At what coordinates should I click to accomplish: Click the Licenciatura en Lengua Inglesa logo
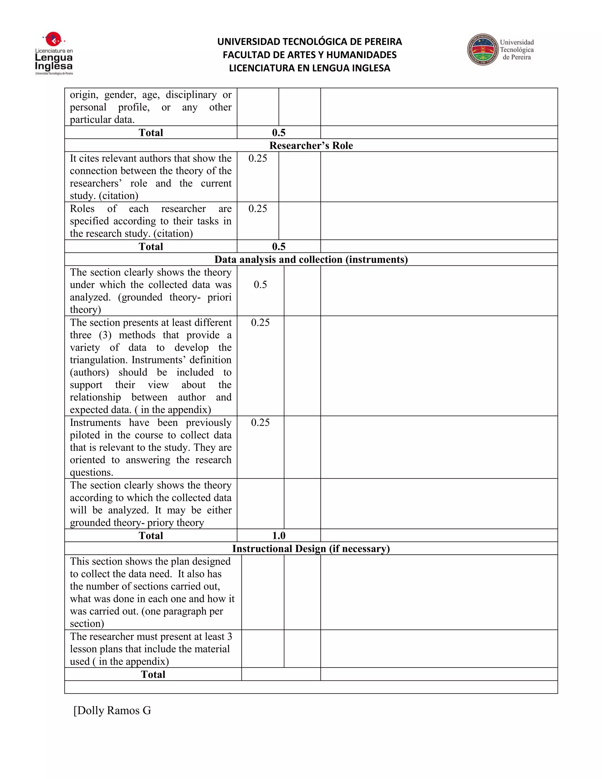(x=54, y=54)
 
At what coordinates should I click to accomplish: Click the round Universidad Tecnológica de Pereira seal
(x=483, y=50)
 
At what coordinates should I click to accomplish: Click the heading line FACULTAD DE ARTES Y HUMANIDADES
(x=309, y=55)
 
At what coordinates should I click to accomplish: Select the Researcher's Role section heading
(x=311, y=146)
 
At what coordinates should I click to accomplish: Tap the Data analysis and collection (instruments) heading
(x=311, y=259)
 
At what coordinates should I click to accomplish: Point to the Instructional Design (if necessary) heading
(x=311, y=548)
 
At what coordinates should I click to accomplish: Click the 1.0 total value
(x=279, y=535)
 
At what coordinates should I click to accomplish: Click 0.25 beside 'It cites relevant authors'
(x=257, y=158)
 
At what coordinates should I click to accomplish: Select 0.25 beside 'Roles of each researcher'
(x=257, y=209)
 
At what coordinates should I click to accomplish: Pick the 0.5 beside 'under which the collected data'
(x=260, y=285)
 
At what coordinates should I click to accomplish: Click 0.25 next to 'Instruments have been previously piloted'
(x=260, y=422)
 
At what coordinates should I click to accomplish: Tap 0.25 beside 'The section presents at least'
(x=260, y=322)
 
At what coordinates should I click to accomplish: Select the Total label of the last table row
(x=153, y=674)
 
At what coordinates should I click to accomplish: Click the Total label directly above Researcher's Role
(x=151, y=133)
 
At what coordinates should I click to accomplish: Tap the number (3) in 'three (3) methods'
(x=105, y=335)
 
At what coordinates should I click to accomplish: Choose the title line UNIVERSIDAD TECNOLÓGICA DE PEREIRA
(x=309, y=42)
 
